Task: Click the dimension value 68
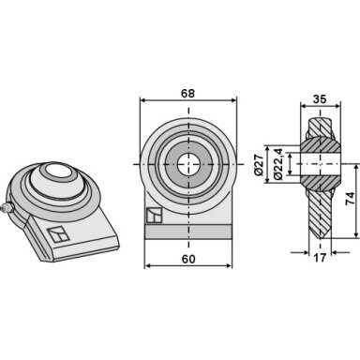(x=187, y=94)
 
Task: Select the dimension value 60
(x=188, y=259)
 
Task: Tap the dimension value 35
(x=320, y=99)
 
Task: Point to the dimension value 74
(x=351, y=199)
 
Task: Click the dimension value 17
(x=320, y=258)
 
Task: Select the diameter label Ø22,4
(x=278, y=163)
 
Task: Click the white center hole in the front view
(x=188, y=164)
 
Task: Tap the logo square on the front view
(x=155, y=216)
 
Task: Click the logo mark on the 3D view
(x=58, y=235)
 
